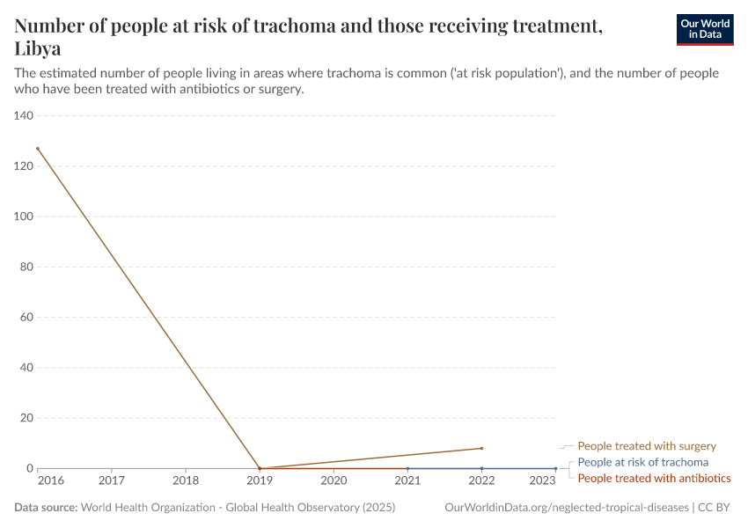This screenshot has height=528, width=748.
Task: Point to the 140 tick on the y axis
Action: tap(24, 116)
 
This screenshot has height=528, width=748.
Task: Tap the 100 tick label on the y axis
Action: tap(24, 216)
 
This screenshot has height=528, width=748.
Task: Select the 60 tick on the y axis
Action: tap(26, 318)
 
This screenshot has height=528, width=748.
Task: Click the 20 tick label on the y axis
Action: tap(26, 418)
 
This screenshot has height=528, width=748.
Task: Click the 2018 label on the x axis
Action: tap(186, 480)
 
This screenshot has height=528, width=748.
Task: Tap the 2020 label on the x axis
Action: tap(334, 480)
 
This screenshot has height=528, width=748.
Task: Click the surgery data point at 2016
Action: tap(38, 149)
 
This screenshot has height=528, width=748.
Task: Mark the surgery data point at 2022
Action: tap(481, 448)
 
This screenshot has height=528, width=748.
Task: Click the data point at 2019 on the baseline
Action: tap(260, 468)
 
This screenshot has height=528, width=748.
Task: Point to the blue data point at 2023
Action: tap(555, 468)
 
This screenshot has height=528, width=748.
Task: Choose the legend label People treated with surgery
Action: tap(647, 446)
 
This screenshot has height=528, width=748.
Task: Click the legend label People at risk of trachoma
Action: tap(642, 462)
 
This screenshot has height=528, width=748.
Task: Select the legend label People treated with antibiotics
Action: tap(654, 478)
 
